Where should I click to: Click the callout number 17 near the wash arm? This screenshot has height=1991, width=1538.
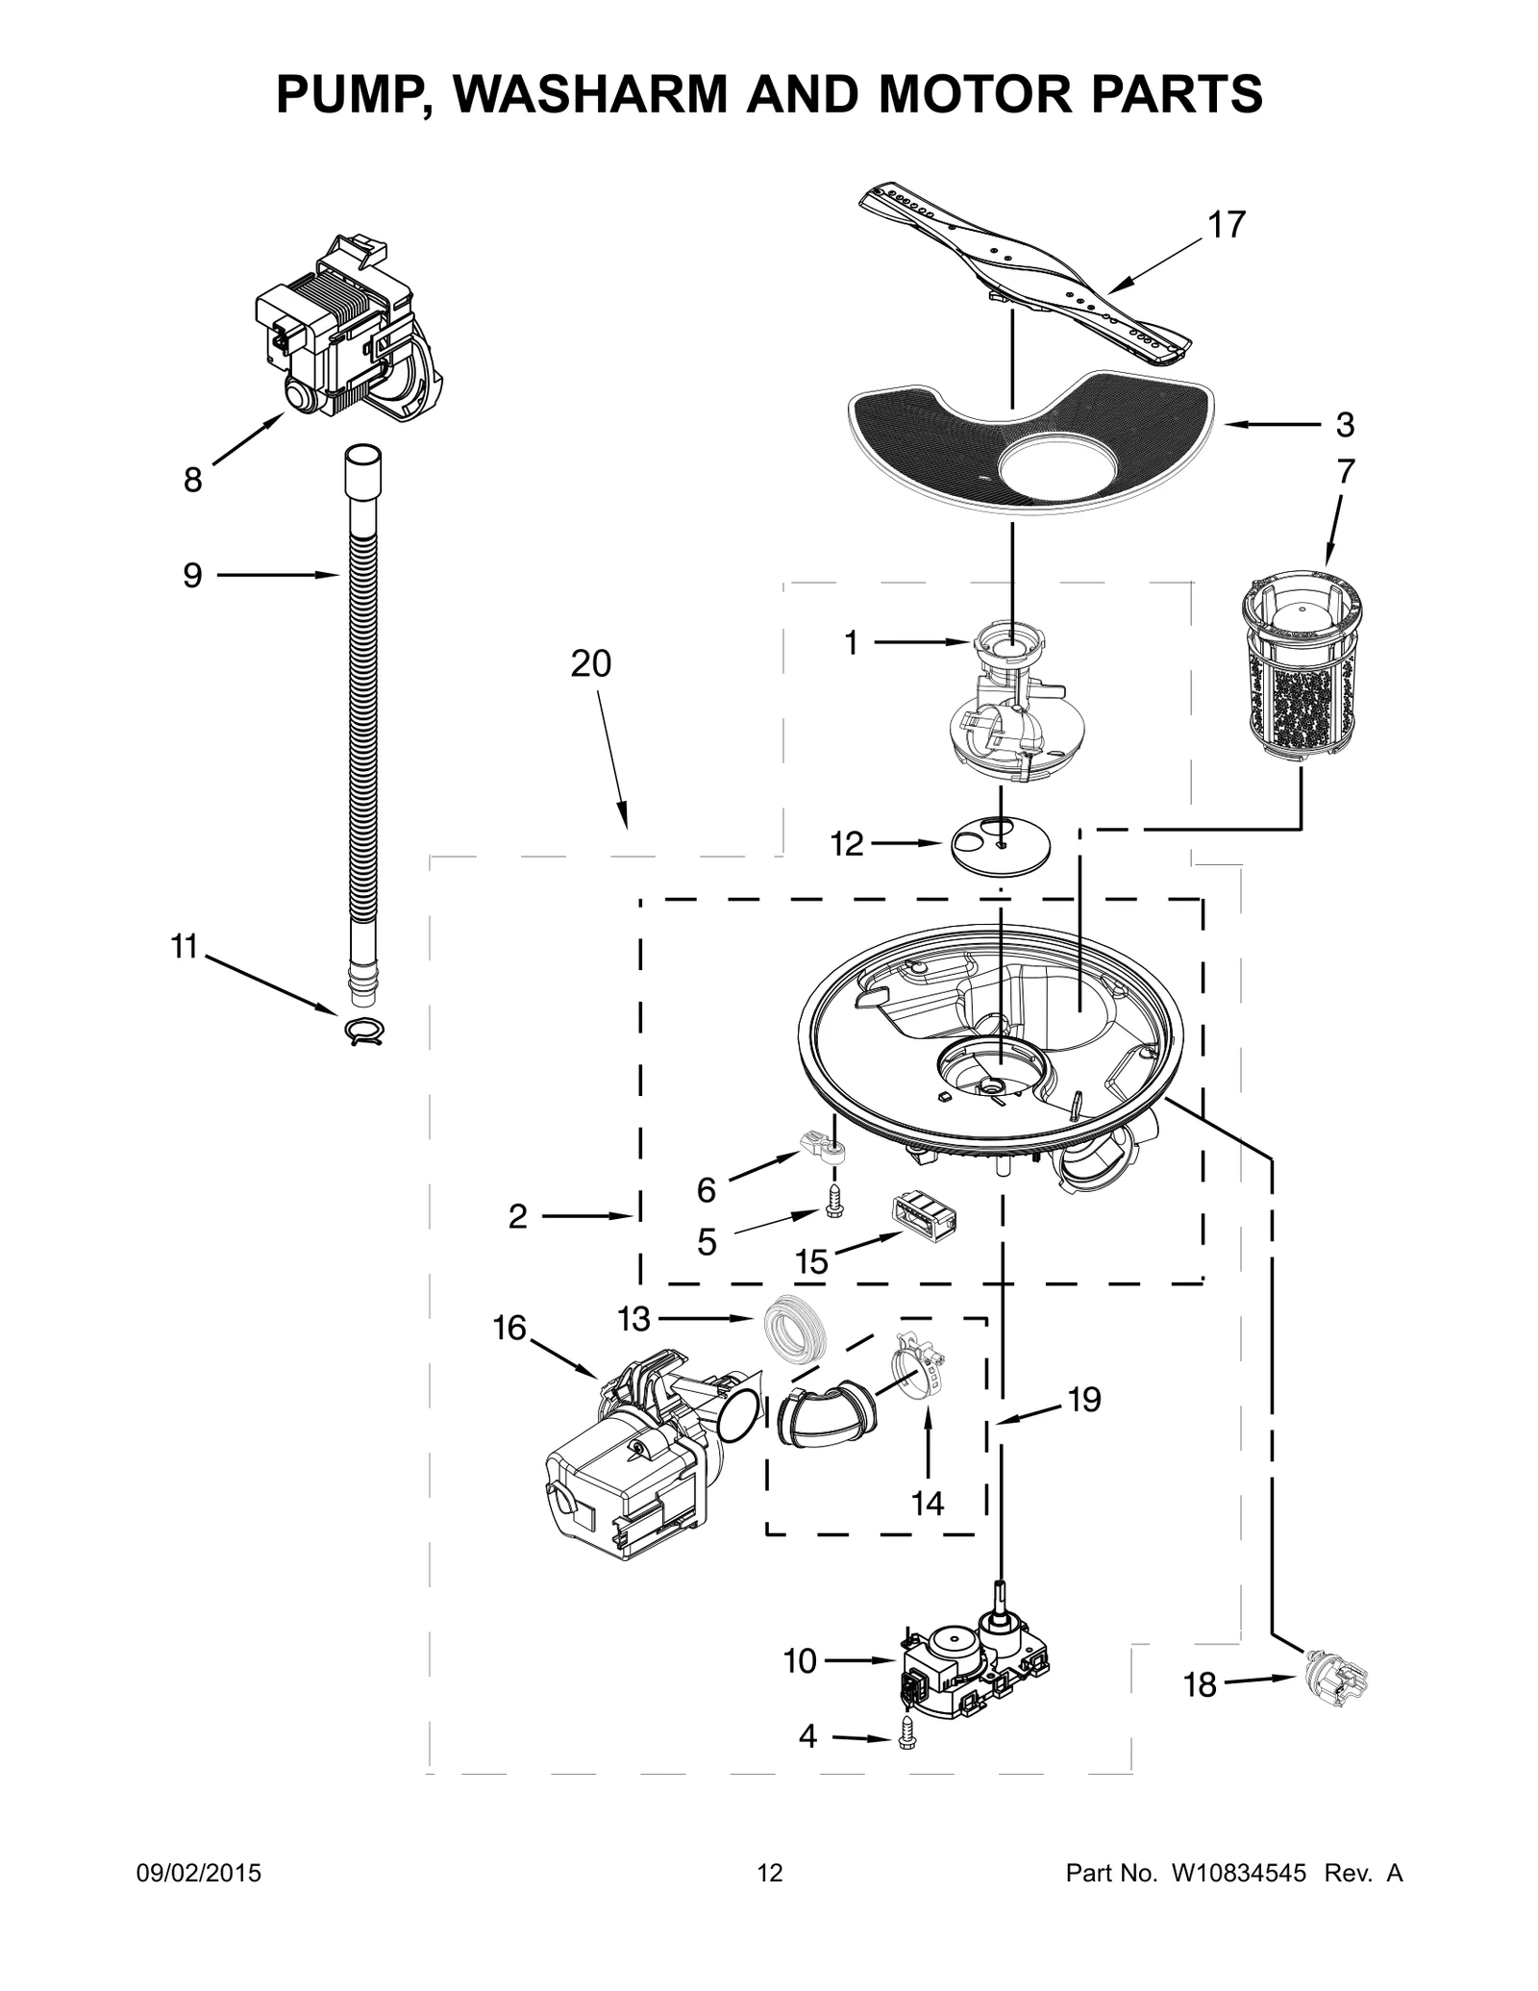point(1227,225)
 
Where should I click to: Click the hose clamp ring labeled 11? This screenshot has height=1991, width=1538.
point(363,1031)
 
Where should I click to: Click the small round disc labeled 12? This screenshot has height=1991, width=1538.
point(1000,847)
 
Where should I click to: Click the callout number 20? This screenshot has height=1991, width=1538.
point(590,664)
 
